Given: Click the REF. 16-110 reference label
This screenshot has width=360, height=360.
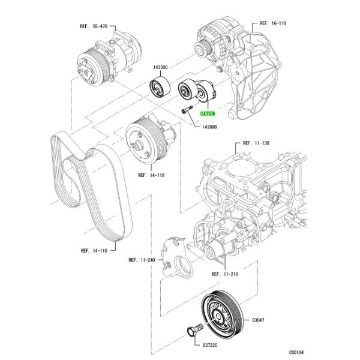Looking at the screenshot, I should (x=272, y=24).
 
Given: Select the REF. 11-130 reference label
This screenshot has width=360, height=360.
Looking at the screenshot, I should (x=256, y=144).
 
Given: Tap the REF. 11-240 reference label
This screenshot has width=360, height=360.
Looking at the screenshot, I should (x=141, y=260).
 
